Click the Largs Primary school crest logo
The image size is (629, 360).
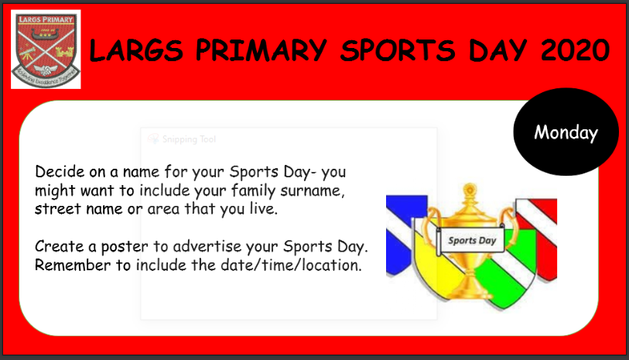[46, 49]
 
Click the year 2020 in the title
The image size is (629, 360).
[575, 50]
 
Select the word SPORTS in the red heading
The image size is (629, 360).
[398, 50]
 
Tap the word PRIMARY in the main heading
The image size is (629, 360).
[262, 50]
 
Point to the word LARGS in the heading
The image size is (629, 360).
[136, 50]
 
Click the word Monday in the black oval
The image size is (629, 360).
[566, 132]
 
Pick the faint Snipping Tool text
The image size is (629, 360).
[189, 139]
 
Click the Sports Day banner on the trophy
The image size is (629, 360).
[471, 241]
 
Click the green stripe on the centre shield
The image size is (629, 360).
[508, 273]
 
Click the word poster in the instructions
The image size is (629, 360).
[125, 247]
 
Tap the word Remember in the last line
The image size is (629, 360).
[73, 266]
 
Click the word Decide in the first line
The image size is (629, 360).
[60, 172]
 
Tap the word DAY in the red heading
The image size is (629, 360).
[497, 50]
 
